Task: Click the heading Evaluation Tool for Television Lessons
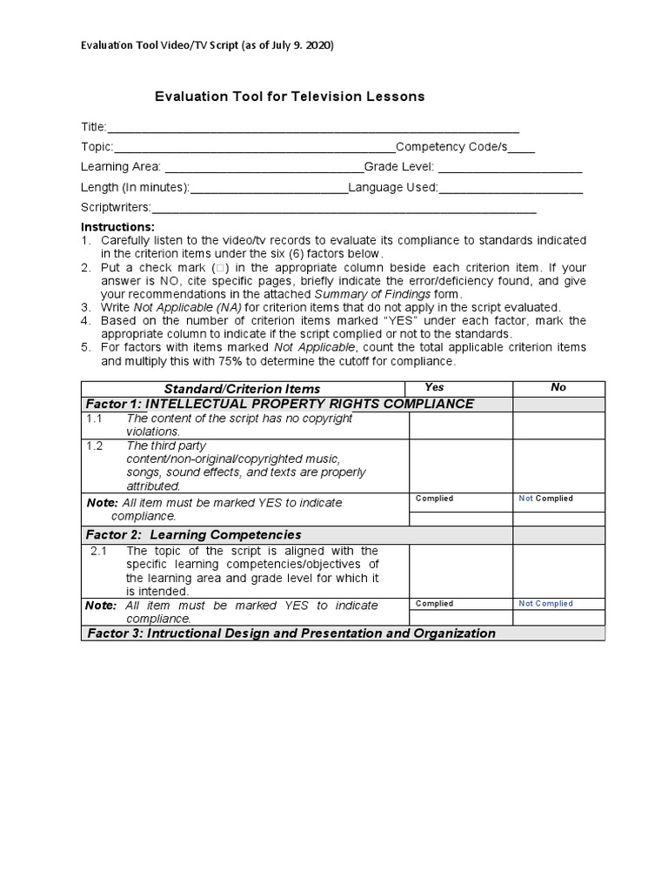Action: coord(290,97)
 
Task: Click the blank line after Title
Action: coord(313,127)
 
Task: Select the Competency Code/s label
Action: coord(451,146)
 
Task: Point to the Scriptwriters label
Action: coord(116,207)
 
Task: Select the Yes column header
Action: coord(435,388)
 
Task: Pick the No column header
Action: coord(558,388)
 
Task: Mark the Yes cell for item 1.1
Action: coord(460,425)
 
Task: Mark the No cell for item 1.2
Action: coord(558,465)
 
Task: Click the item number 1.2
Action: coord(94,445)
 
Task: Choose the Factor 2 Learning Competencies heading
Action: coord(193,534)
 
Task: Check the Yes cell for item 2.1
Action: coord(460,571)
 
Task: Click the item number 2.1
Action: coord(98,551)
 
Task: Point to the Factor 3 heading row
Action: coord(291,633)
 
